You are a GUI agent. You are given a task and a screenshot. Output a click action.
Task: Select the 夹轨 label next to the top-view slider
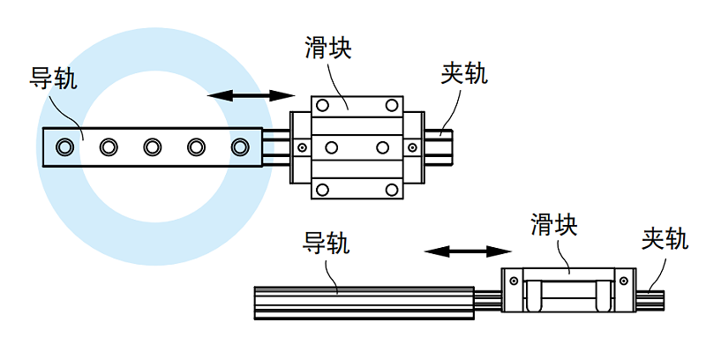[463, 74]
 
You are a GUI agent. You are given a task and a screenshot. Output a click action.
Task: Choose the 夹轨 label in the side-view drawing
[665, 240]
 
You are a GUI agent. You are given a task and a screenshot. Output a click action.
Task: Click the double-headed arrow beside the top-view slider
[250, 95]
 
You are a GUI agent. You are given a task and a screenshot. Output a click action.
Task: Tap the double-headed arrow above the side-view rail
[462, 252]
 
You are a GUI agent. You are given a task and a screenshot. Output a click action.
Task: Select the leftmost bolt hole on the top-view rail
[64, 146]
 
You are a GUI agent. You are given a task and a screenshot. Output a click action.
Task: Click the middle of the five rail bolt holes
[153, 146]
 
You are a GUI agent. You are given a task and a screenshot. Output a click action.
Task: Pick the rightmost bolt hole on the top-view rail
[240, 146]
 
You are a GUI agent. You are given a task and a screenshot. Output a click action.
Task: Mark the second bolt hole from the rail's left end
[109, 146]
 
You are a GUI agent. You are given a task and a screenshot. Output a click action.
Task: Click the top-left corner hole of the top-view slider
[323, 105]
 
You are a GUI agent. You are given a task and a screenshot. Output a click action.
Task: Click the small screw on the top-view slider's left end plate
[301, 146]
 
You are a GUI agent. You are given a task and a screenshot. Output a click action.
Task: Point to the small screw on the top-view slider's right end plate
[412, 146]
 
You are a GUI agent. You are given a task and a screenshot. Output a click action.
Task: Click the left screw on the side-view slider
[512, 282]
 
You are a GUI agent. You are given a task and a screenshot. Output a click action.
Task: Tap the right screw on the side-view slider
[624, 282]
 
